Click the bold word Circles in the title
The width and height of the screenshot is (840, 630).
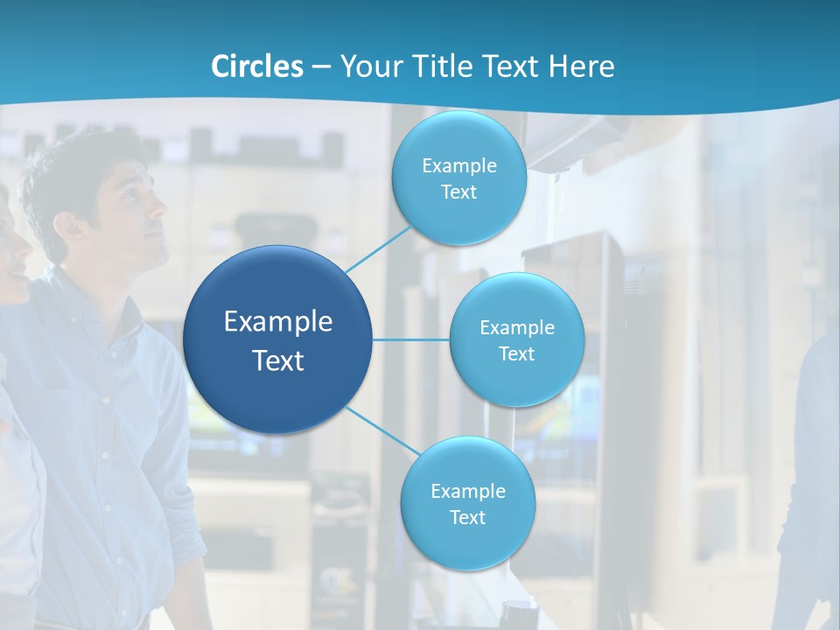257,66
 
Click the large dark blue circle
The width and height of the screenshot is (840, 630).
277,339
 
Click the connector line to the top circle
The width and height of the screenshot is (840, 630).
378,248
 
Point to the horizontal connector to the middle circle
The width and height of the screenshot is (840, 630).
410,339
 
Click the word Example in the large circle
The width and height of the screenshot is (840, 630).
277,322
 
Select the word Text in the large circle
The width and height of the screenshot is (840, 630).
277,360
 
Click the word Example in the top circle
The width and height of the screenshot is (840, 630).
458,166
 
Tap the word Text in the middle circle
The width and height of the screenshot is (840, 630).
516,354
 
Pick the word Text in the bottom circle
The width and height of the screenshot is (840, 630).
467,518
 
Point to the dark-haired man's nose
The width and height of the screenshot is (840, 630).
161,208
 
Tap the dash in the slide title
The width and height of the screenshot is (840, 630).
321,67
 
